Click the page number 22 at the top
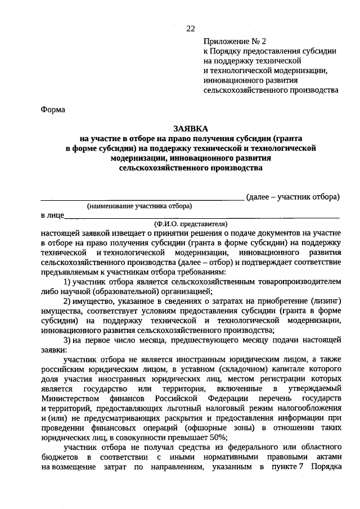click(191, 29)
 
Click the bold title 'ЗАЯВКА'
click(190, 128)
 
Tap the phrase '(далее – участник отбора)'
click(293, 196)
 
